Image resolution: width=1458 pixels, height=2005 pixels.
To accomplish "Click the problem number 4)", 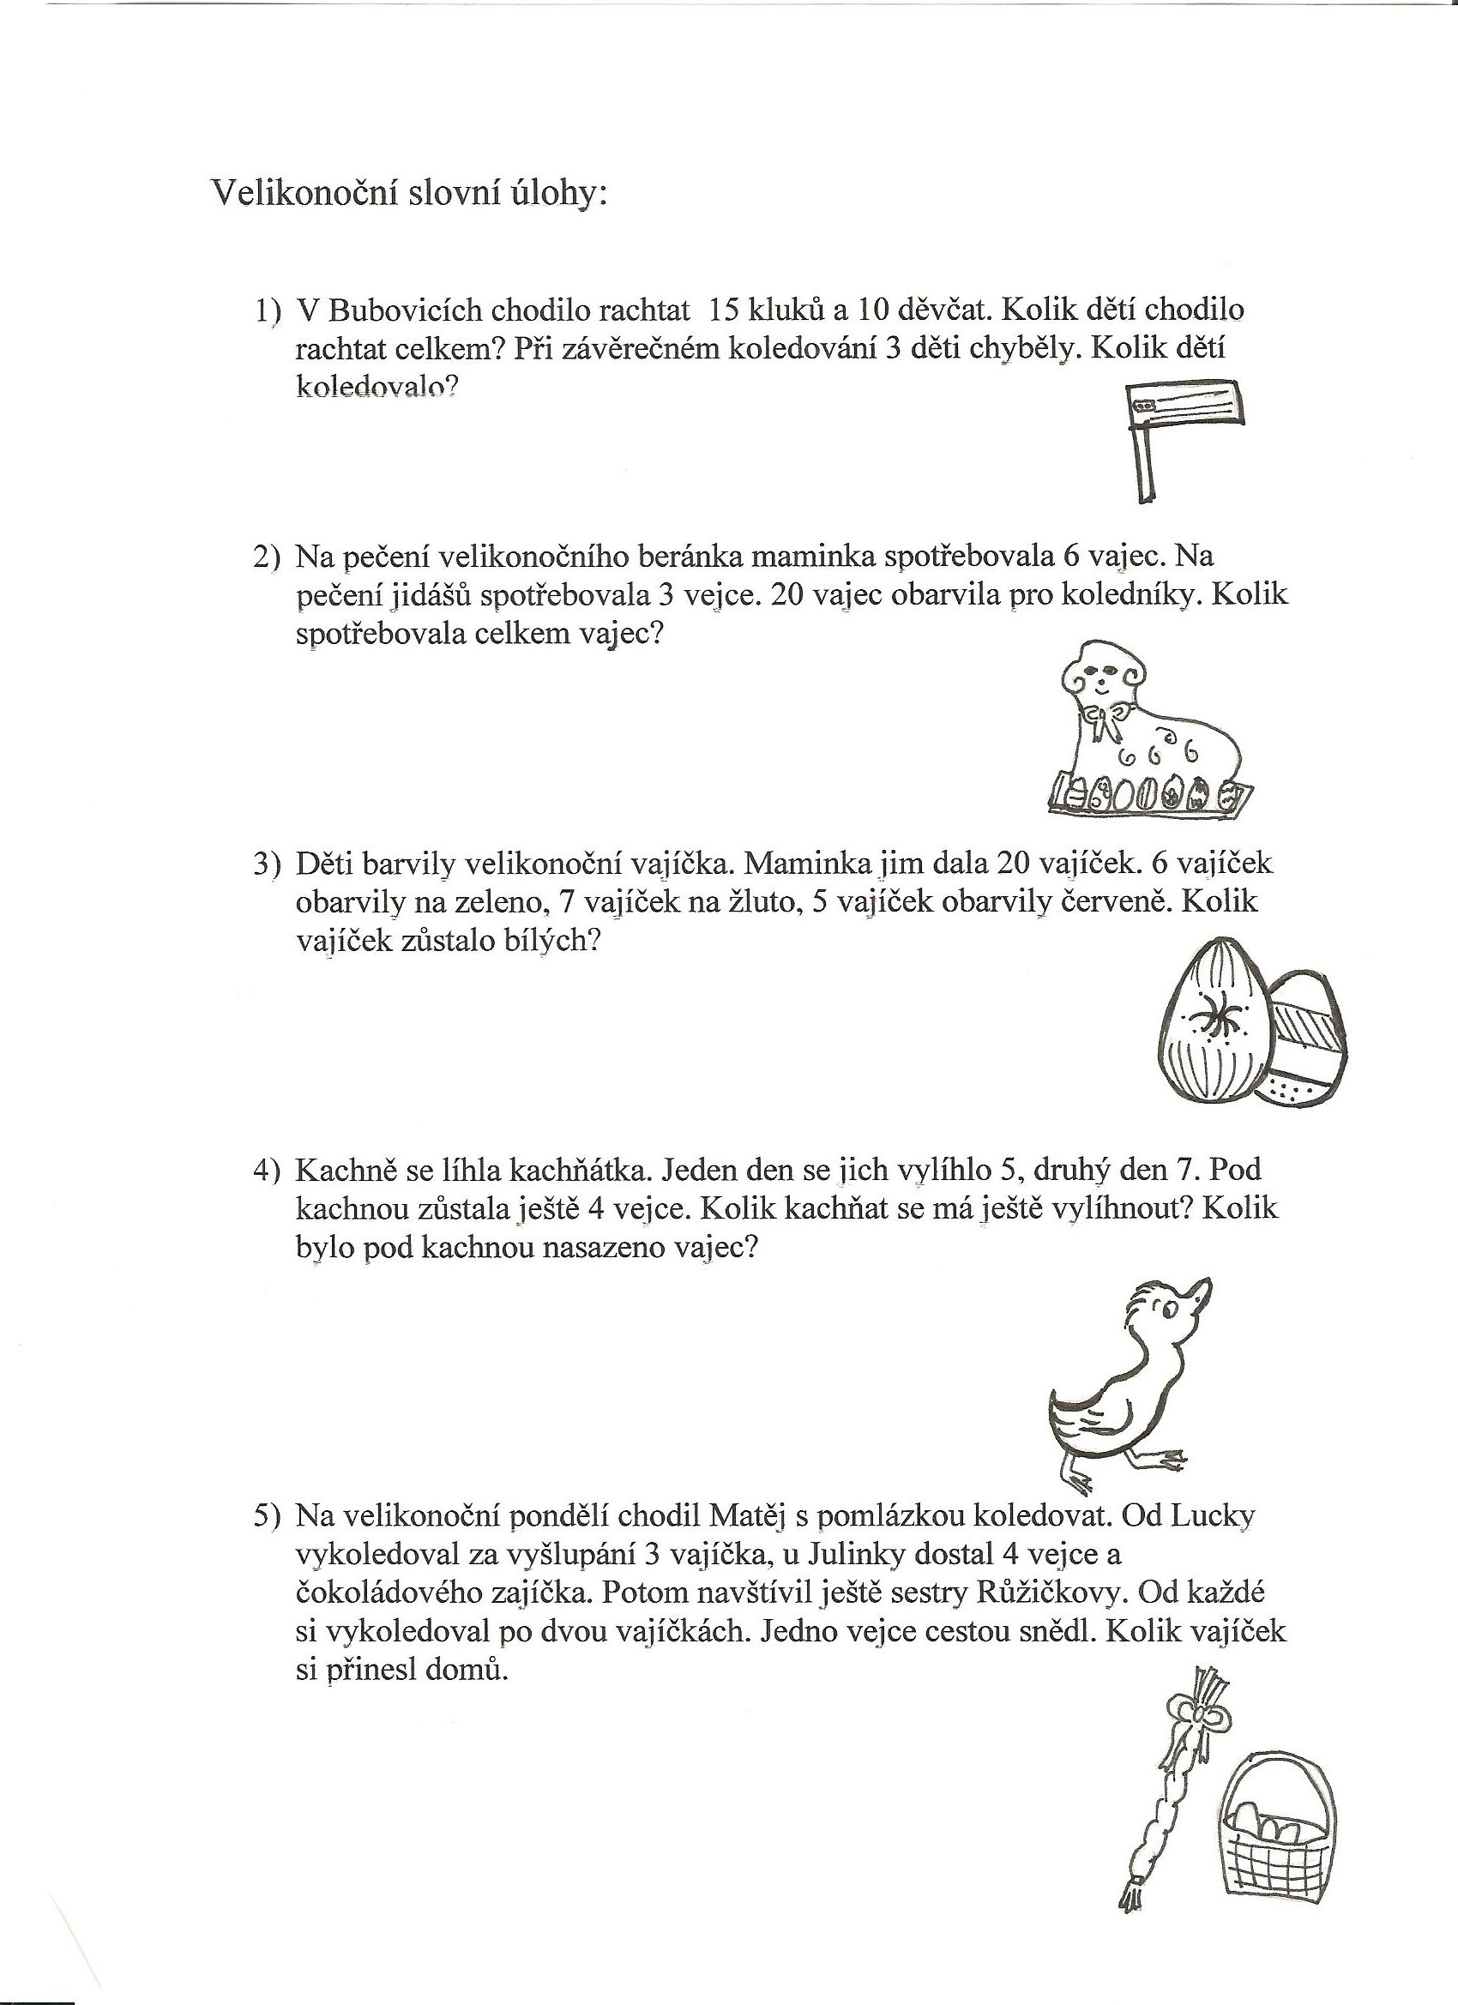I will click(266, 1171).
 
